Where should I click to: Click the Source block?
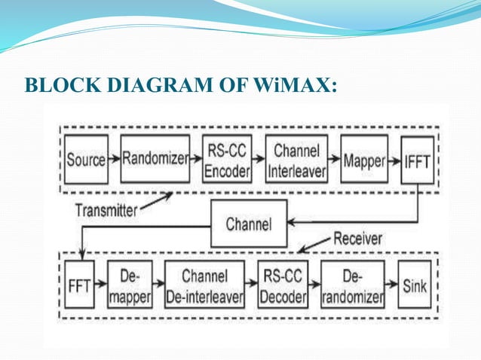point(86,160)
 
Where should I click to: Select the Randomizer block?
point(155,160)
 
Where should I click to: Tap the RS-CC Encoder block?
point(227,160)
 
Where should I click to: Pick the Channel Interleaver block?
point(296,160)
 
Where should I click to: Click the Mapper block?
point(364,160)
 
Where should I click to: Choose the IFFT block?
point(416,160)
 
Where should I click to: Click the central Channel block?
point(248,224)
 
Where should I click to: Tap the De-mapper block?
point(130,285)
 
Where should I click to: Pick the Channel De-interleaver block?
point(204,285)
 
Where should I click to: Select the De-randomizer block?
point(352,285)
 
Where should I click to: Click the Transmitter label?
point(106,211)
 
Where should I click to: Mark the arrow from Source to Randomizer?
point(114,160)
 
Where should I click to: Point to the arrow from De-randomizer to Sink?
point(391,285)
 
